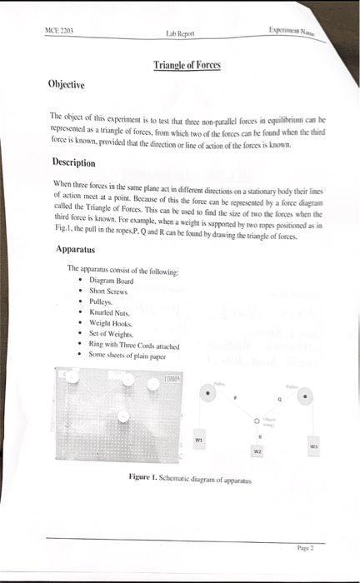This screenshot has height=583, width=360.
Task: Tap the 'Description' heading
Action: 76,162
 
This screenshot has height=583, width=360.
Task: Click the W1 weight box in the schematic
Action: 199,438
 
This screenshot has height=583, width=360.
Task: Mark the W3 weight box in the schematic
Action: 313,445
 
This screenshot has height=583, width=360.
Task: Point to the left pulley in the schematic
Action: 207,394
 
